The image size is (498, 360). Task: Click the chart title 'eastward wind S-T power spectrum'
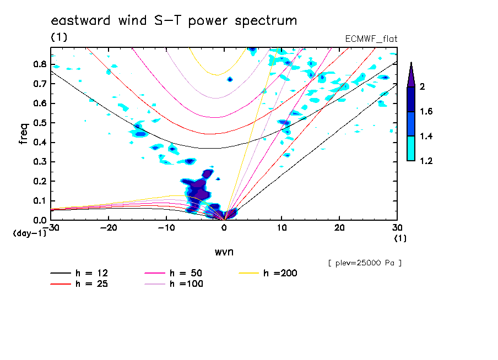pyautogui.click(x=174, y=21)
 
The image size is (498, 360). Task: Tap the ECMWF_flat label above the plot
pyautogui.click(x=371, y=39)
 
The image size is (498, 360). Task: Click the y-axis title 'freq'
pyautogui.click(x=24, y=133)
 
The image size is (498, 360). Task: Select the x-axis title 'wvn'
pyautogui.click(x=224, y=252)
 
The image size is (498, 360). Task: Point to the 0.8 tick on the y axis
pyautogui.click(x=40, y=64)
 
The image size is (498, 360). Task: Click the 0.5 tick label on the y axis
pyautogui.click(x=40, y=123)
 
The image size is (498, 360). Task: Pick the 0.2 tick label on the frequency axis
pyautogui.click(x=40, y=181)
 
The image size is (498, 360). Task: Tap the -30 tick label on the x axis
pyautogui.click(x=51, y=227)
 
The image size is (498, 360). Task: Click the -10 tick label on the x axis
pyautogui.click(x=166, y=227)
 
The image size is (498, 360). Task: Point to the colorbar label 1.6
pyautogui.click(x=426, y=112)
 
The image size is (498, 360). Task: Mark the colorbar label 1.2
pyautogui.click(x=426, y=161)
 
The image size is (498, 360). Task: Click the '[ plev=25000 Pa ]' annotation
pyautogui.click(x=364, y=263)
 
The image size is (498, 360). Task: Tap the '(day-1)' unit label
pyautogui.click(x=29, y=233)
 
